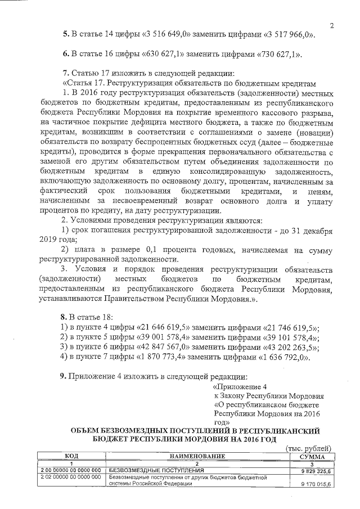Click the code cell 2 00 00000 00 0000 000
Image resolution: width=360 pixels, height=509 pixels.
coord(71,469)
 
